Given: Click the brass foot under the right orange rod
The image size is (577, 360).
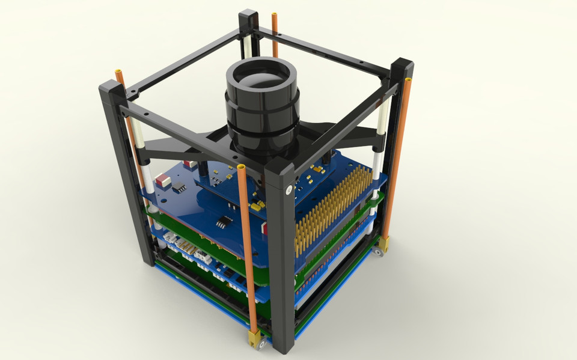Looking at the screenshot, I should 383,243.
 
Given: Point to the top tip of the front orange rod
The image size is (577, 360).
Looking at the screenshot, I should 242,166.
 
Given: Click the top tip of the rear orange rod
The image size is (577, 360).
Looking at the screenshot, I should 275,15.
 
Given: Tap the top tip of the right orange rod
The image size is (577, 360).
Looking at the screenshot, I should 408,80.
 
